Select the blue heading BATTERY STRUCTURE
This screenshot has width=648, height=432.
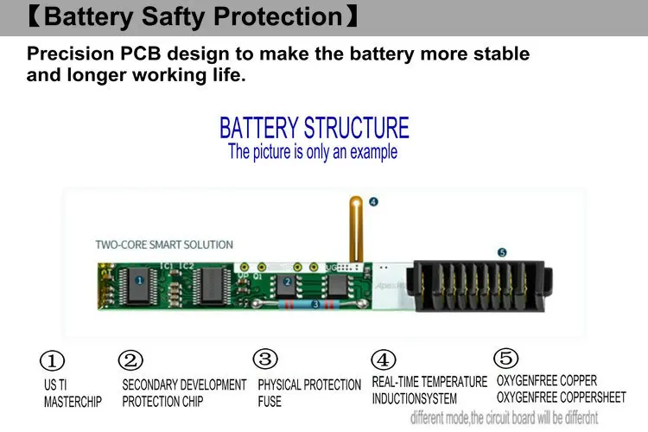[314, 128]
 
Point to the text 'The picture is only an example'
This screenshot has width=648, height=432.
[313, 152]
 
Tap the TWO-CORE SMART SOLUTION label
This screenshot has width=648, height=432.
[164, 245]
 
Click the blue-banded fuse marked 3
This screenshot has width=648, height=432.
[315, 304]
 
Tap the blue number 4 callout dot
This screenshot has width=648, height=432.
[373, 202]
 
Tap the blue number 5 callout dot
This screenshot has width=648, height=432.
[502, 252]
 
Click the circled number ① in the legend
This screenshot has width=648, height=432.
[54, 360]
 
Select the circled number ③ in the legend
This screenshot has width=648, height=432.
[265, 359]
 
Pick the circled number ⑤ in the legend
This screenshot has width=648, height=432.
[505, 357]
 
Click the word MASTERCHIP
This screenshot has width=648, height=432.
[73, 402]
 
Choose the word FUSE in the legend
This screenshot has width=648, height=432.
[270, 402]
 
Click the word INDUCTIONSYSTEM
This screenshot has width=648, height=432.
[415, 398]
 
